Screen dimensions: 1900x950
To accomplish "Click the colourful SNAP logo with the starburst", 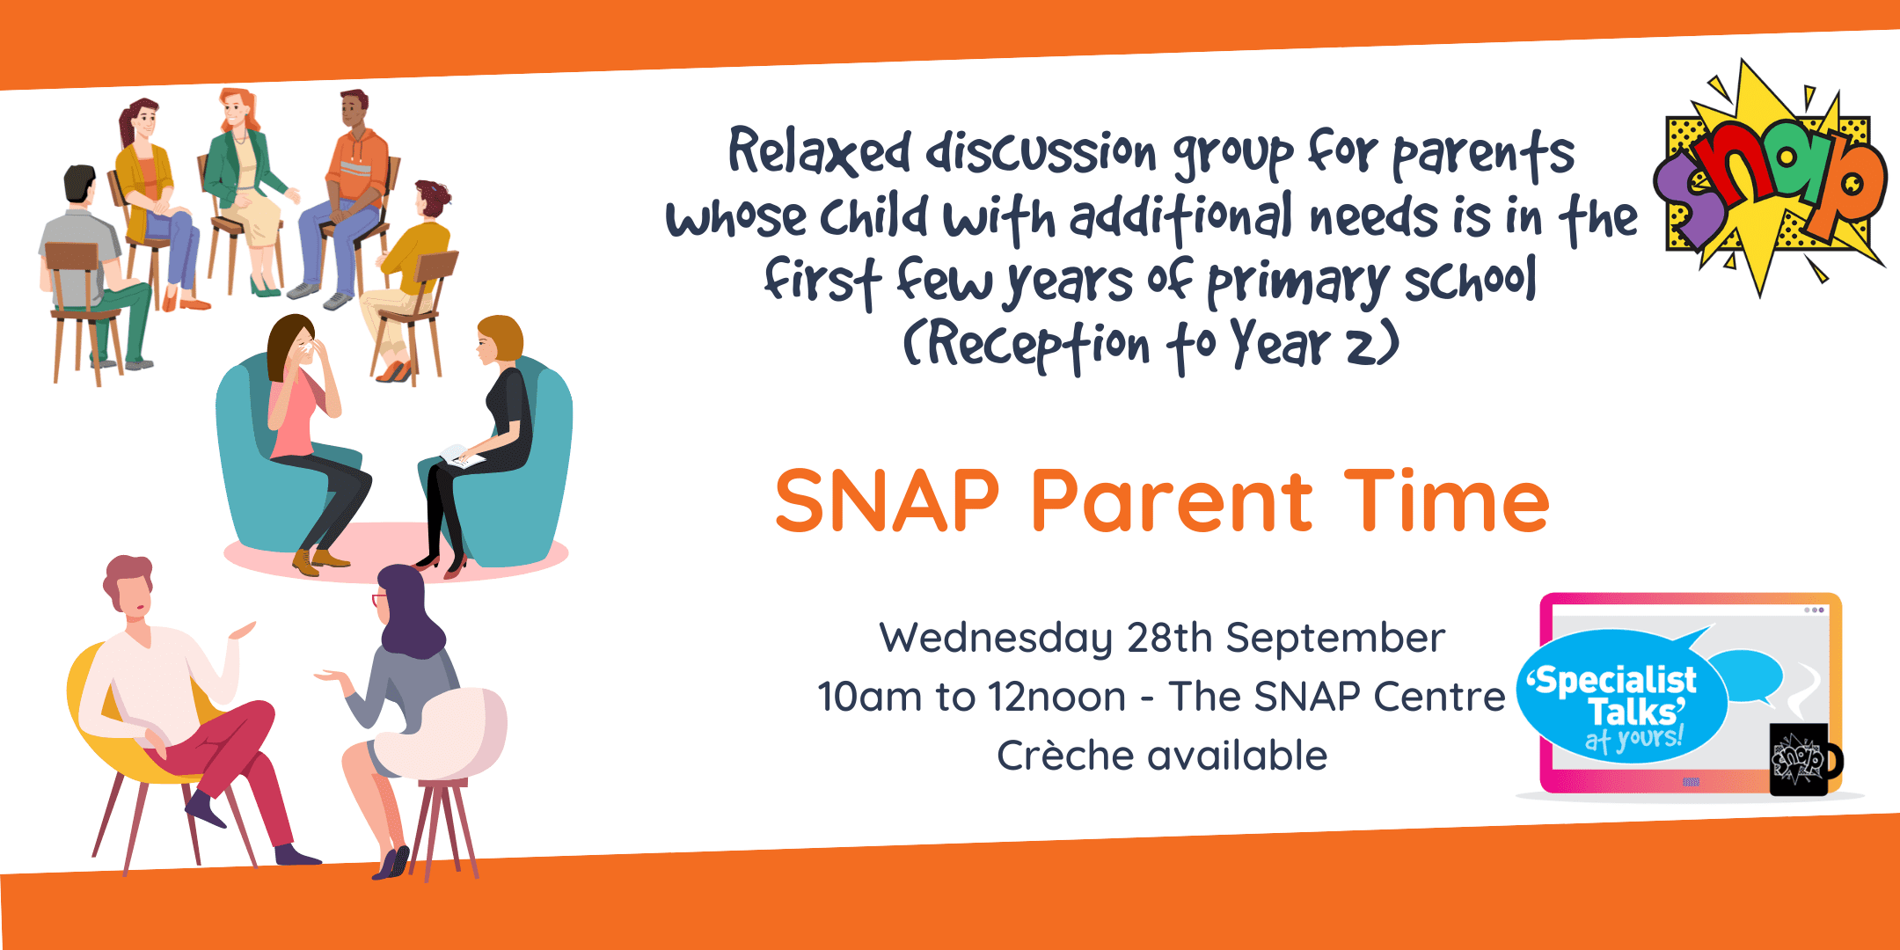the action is click(1770, 176).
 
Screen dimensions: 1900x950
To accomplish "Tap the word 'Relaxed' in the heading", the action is click(819, 152).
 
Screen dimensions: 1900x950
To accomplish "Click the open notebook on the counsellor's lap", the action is click(461, 457).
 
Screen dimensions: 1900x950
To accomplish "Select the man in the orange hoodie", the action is click(342, 199).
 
